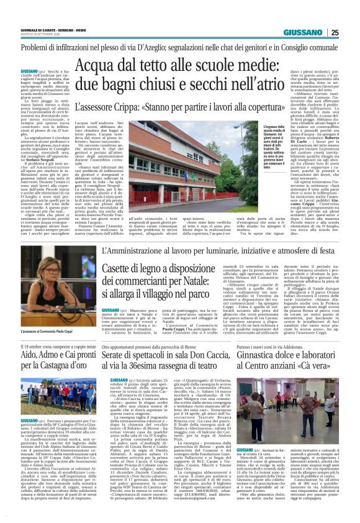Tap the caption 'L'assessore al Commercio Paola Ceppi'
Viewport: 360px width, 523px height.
[x=40, y=332]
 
